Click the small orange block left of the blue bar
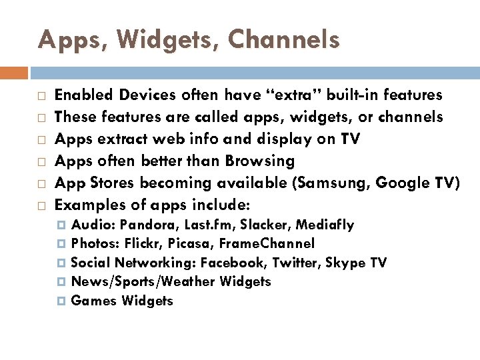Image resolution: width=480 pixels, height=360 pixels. coord(14,73)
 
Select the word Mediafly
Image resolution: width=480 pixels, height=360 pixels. coord(325,225)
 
